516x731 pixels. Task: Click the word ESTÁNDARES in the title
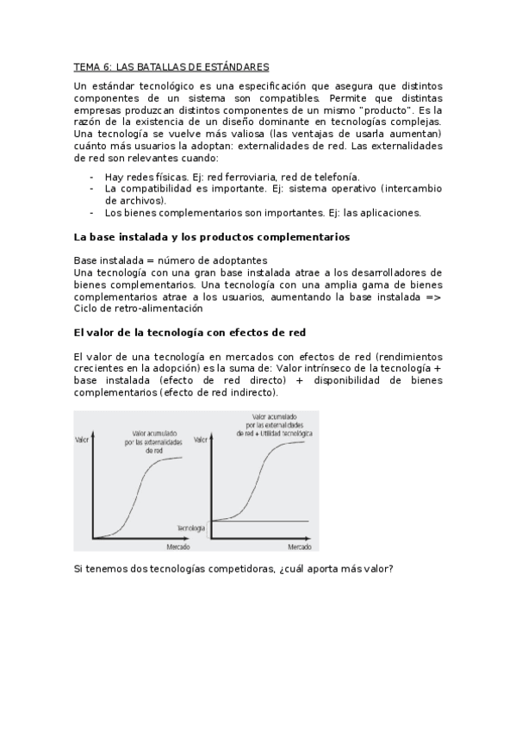[235, 66]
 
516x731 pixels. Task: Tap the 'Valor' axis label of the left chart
[84, 440]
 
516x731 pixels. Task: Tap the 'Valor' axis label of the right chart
[202, 440]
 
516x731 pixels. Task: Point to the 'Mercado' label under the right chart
[300, 547]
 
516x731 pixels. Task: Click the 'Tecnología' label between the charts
[190, 527]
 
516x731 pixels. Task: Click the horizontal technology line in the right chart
[276, 521]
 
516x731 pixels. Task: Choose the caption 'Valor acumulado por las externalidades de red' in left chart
[155, 441]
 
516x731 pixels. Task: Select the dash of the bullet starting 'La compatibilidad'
[92, 188]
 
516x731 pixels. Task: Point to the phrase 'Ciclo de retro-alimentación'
[138, 308]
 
